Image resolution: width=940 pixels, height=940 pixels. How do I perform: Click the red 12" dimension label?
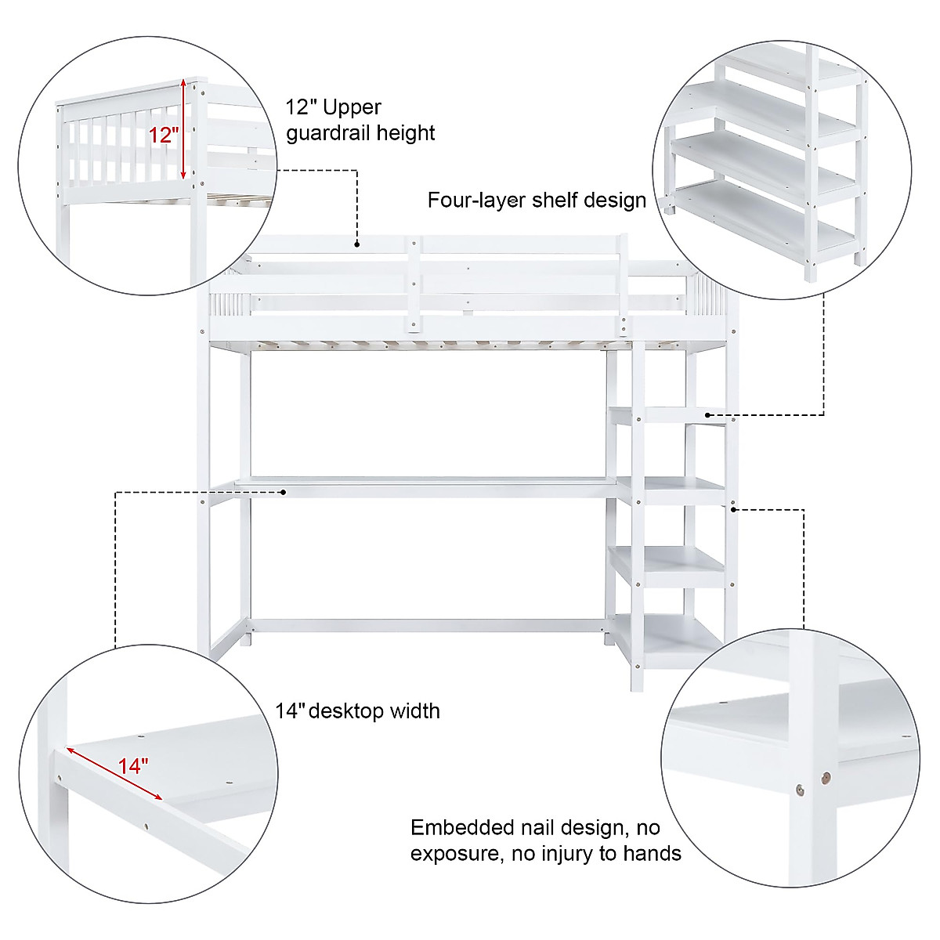pos(164,135)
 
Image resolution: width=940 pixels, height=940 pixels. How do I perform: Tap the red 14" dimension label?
pos(133,765)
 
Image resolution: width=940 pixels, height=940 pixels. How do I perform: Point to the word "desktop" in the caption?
pos(347,711)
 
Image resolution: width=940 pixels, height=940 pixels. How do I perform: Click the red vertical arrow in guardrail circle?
pos(183,129)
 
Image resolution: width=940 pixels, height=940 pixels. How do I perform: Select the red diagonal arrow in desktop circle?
pos(114,773)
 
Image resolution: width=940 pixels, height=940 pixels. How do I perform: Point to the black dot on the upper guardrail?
pos(356,244)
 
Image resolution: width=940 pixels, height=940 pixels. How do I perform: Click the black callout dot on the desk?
pos(284,492)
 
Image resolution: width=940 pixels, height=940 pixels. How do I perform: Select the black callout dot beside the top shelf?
pos(707,414)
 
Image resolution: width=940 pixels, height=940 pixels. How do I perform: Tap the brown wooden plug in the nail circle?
pos(825,778)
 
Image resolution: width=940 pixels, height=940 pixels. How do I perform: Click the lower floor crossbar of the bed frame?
pos(427,626)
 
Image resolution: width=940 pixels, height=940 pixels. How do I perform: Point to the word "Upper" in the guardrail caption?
pos(352,107)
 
